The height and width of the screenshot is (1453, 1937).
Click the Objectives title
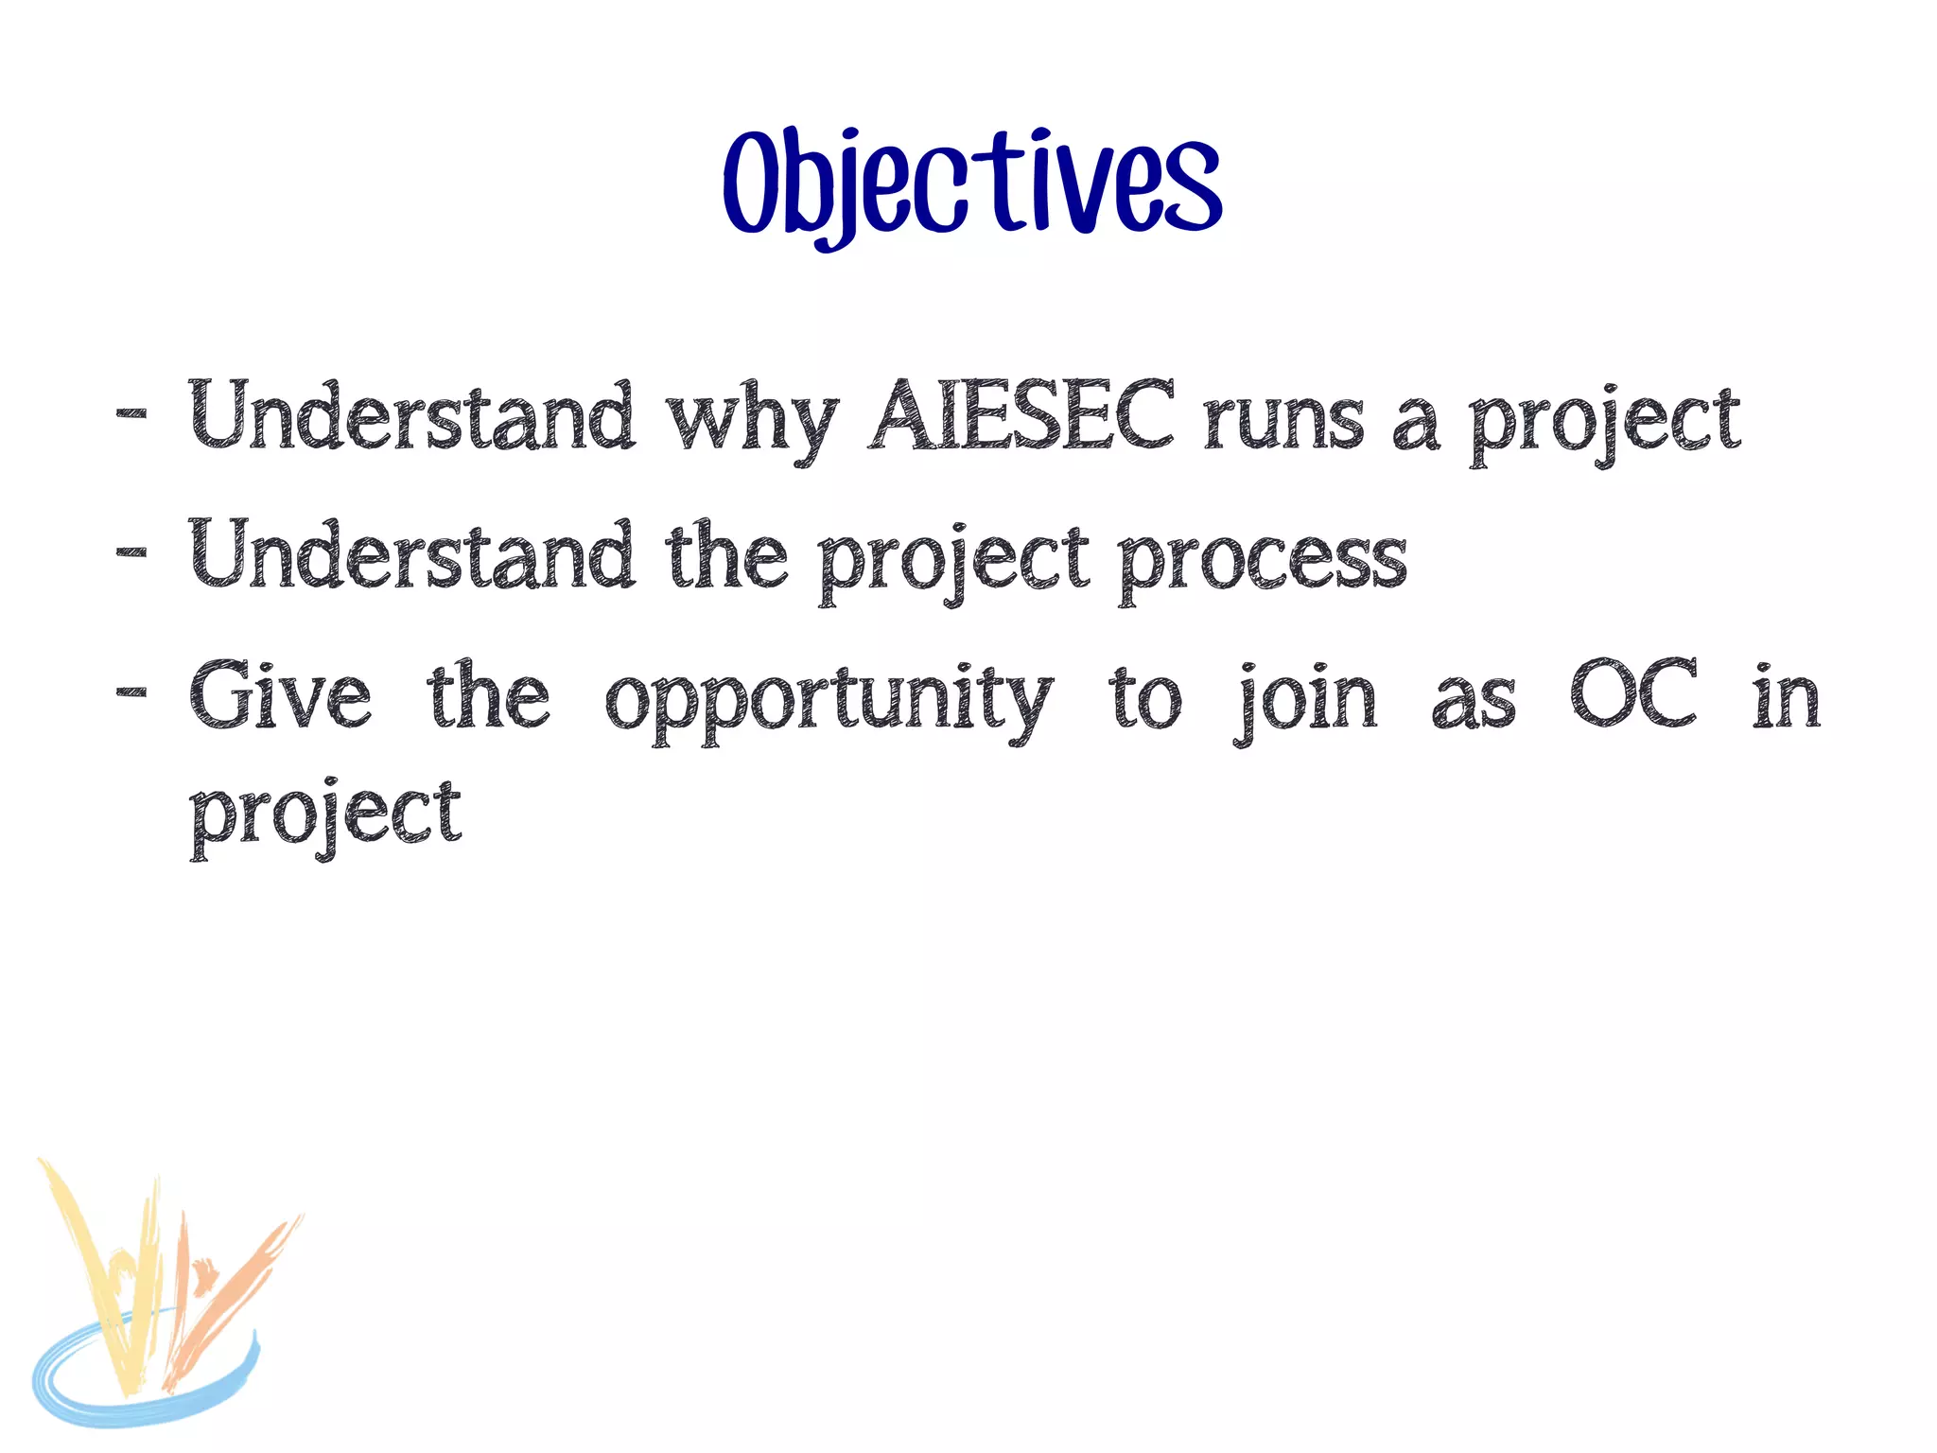[x=972, y=184]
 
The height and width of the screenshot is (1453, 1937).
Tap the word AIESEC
[x=1021, y=417]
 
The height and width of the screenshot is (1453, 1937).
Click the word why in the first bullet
[x=752, y=421]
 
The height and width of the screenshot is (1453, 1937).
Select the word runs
[x=1283, y=421]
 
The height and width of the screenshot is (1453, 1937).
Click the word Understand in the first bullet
[x=411, y=417]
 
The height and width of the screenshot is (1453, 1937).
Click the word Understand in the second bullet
[x=411, y=556]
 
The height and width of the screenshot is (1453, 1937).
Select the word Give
[x=281, y=696]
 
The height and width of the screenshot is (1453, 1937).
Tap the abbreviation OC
[x=1633, y=694]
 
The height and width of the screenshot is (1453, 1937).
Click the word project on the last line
[x=325, y=815]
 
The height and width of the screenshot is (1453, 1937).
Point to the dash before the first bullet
[x=131, y=413]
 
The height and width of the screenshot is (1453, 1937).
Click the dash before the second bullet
[x=131, y=551]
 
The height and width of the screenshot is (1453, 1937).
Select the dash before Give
[x=131, y=691]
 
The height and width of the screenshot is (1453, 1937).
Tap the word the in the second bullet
[x=726, y=556]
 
